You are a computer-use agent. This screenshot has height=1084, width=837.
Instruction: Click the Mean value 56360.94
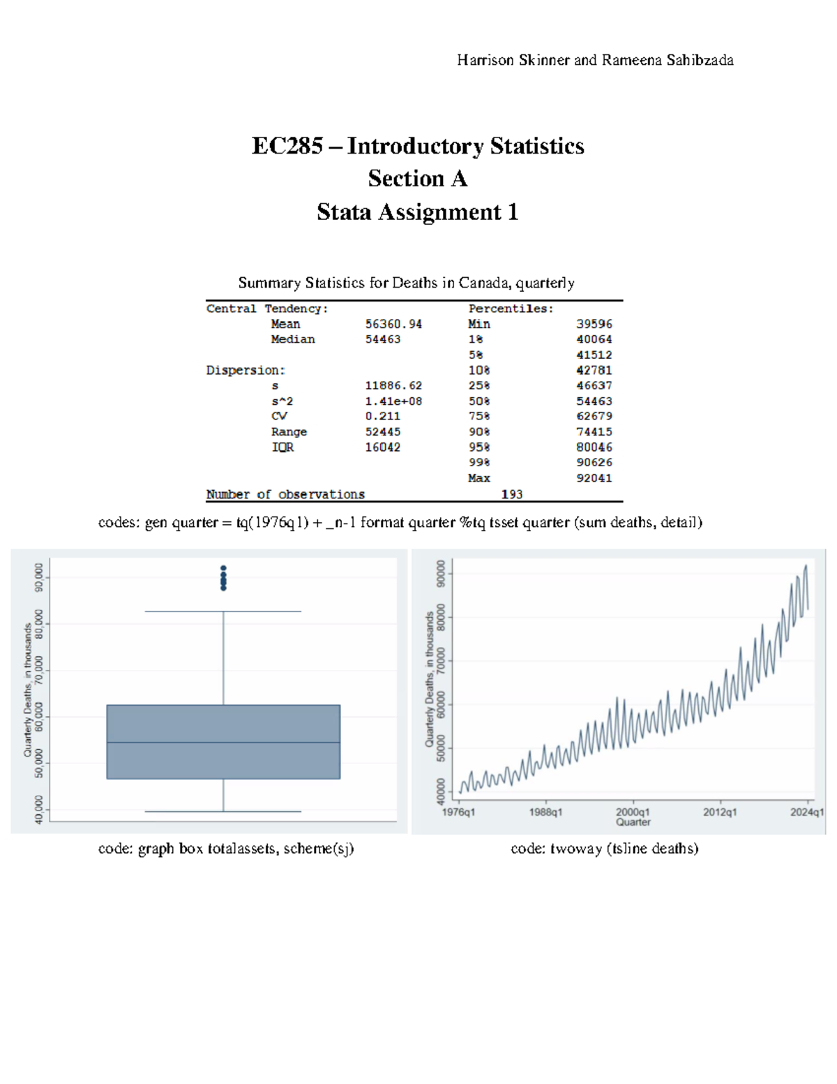point(393,324)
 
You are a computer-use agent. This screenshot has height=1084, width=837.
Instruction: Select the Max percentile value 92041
point(594,478)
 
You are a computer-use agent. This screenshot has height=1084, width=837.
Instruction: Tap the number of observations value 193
point(511,494)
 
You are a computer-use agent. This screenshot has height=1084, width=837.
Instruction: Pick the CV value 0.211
point(382,416)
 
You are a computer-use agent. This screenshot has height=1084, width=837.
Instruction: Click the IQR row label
point(282,447)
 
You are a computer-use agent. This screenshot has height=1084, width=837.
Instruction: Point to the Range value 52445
point(382,432)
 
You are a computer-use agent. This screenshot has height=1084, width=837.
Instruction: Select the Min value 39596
point(594,324)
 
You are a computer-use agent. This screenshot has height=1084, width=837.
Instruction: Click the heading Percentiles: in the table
point(511,309)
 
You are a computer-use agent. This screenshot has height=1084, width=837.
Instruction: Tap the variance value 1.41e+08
point(393,401)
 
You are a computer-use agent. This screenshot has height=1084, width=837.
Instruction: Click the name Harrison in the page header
point(485,60)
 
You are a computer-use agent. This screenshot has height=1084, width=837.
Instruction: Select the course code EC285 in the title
point(287,146)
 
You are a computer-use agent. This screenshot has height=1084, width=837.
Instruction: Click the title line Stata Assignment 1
point(417,212)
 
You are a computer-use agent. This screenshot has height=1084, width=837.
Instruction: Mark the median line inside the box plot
point(223,742)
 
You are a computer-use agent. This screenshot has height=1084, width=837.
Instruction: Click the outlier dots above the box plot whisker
point(223,578)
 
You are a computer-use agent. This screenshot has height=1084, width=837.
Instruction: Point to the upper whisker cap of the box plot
point(223,611)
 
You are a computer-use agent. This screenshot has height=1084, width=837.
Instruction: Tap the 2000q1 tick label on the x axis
point(633,812)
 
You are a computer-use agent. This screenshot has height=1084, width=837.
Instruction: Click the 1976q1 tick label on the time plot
point(458,812)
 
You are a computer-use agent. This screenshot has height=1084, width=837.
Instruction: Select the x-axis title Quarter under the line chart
point(633,822)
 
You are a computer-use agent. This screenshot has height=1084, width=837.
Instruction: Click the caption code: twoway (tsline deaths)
point(604,849)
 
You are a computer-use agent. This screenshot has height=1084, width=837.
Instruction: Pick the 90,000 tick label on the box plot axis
point(39,577)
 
